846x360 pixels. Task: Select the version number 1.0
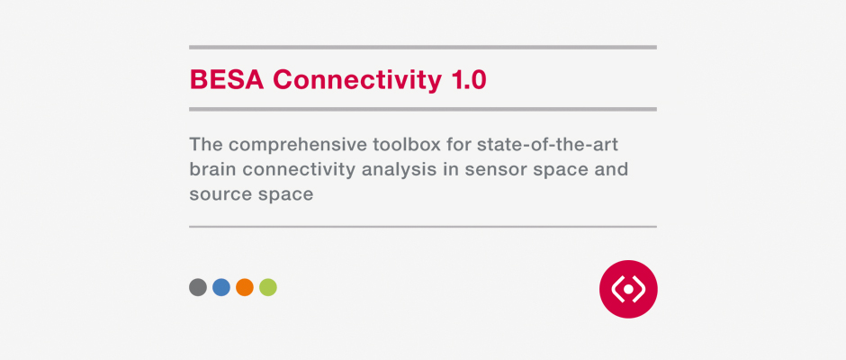point(468,79)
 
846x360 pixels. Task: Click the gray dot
point(198,287)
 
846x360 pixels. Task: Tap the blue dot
point(221,287)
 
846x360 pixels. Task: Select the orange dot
point(245,287)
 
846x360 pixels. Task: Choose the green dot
point(268,287)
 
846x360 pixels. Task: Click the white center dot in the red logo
point(628,289)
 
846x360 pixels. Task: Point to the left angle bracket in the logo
point(616,289)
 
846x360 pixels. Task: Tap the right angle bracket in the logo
point(640,289)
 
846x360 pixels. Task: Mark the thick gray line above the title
point(422,47)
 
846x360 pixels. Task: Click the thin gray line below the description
point(422,227)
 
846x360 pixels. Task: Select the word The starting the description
point(205,145)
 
